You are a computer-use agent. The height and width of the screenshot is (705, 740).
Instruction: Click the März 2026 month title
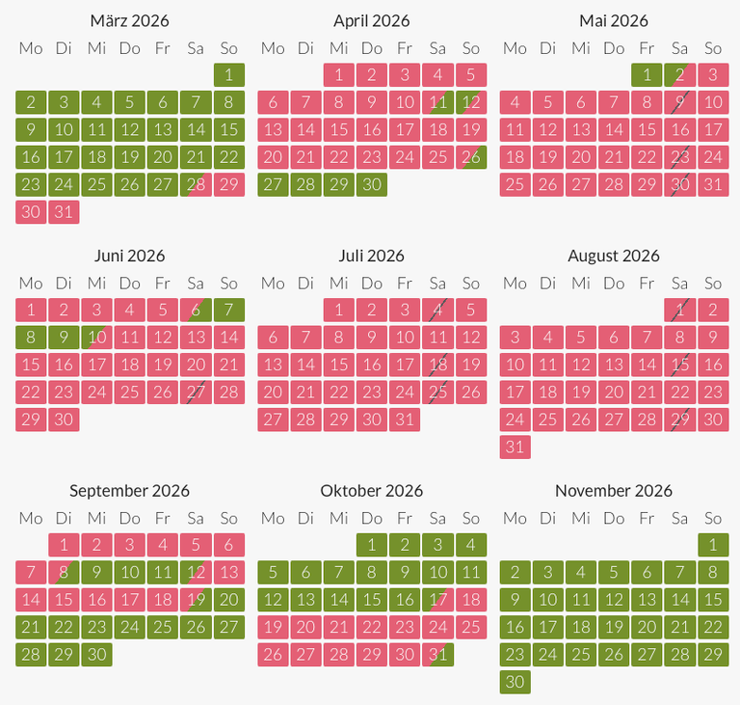[129, 20]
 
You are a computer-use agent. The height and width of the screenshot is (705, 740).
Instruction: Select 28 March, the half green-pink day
[196, 185]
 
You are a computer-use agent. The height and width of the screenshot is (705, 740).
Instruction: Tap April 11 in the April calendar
[437, 102]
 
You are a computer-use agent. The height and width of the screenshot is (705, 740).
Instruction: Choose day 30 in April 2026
[372, 185]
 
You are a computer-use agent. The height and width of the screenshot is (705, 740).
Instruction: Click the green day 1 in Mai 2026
[647, 75]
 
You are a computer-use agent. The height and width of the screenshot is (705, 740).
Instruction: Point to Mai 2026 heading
[614, 20]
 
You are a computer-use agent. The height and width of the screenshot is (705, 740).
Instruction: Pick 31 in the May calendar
[712, 185]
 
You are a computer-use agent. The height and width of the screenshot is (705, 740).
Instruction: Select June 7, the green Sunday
[228, 310]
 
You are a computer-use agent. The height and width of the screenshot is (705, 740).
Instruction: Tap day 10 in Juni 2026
[96, 338]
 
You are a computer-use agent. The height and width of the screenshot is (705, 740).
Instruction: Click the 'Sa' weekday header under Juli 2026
[437, 283]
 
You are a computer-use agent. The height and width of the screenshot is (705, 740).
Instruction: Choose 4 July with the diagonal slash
[437, 310]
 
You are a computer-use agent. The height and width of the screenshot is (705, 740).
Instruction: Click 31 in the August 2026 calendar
[515, 447]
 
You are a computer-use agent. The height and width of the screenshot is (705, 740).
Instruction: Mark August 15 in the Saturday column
[679, 365]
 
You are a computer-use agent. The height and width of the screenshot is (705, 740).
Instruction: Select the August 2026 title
[614, 256]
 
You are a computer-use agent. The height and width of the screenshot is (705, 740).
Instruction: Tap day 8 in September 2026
[64, 572]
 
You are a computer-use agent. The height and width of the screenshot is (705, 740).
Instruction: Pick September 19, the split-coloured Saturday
[196, 599]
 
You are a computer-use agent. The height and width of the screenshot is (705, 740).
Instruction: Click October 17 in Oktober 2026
[437, 599]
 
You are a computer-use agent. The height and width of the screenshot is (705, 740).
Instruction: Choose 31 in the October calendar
[437, 655]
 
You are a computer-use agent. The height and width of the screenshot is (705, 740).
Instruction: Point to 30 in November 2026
[515, 682]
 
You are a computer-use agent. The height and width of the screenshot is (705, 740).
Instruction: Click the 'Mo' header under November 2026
[515, 518]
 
